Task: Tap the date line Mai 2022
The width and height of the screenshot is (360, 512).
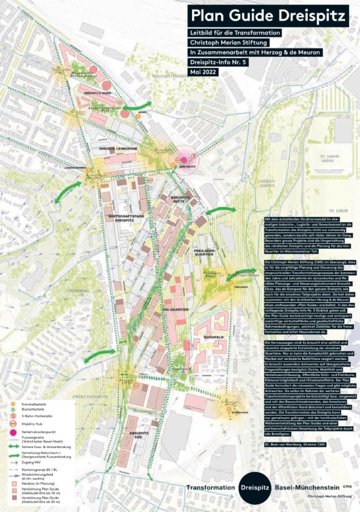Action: (203, 72)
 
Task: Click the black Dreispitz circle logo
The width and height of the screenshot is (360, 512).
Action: (255, 488)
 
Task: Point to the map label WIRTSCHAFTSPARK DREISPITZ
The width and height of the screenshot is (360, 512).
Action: (121, 218)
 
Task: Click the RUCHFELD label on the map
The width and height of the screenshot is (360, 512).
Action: (214, 337)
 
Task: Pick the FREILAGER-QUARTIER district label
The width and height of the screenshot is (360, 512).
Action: (204, 252)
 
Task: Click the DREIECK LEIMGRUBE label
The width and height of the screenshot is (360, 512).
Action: (118, 149)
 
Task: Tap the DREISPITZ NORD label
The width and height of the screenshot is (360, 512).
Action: (97, 93)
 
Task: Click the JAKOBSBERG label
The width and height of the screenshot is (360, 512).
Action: (78, 291)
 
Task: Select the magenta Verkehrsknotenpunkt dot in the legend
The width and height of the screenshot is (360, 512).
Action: (13, 432)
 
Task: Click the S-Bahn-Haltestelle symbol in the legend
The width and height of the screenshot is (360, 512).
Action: (13, 416)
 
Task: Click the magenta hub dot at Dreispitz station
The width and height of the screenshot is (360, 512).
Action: (184, 160)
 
